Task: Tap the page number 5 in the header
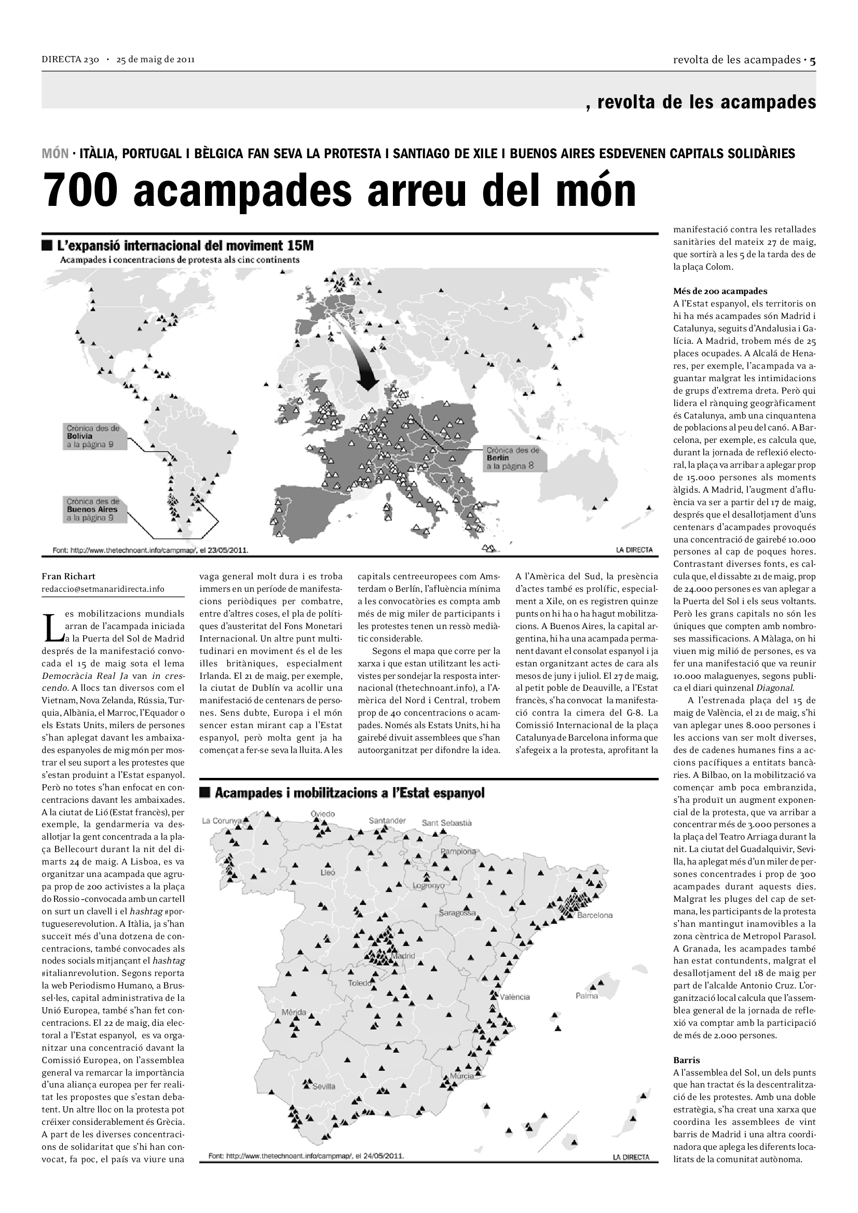[812, 60]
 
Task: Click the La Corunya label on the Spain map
[222, 820]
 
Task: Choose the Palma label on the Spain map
[587, 996]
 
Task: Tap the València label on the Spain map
[515, 996]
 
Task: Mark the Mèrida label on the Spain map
[294, 1012]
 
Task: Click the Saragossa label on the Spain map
[457, 912]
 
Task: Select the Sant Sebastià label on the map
[447, 822]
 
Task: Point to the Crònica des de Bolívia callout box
[94, 436]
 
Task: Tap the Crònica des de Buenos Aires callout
[94, 509]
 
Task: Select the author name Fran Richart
[69, 576]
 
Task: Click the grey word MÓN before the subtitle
[55, 154]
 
